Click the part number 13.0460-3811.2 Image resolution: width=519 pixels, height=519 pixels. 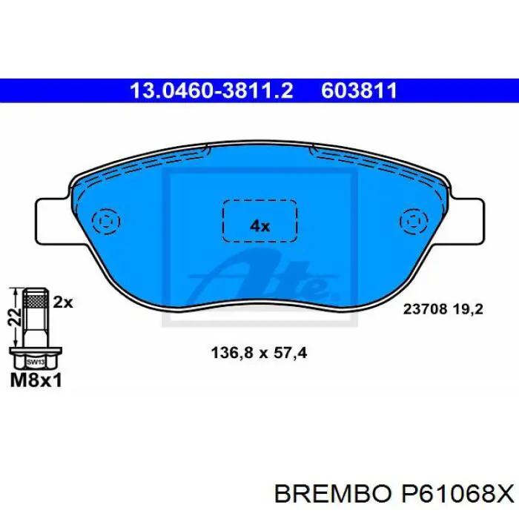click(x=212, y=91)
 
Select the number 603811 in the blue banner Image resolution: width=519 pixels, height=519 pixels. click(x=360, y=91)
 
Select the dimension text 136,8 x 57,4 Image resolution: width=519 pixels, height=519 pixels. click(x=254, y=354)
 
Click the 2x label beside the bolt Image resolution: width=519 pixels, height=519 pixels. click(x=64, y=302)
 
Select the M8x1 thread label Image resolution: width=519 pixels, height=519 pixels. click(x=36, y=380)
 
